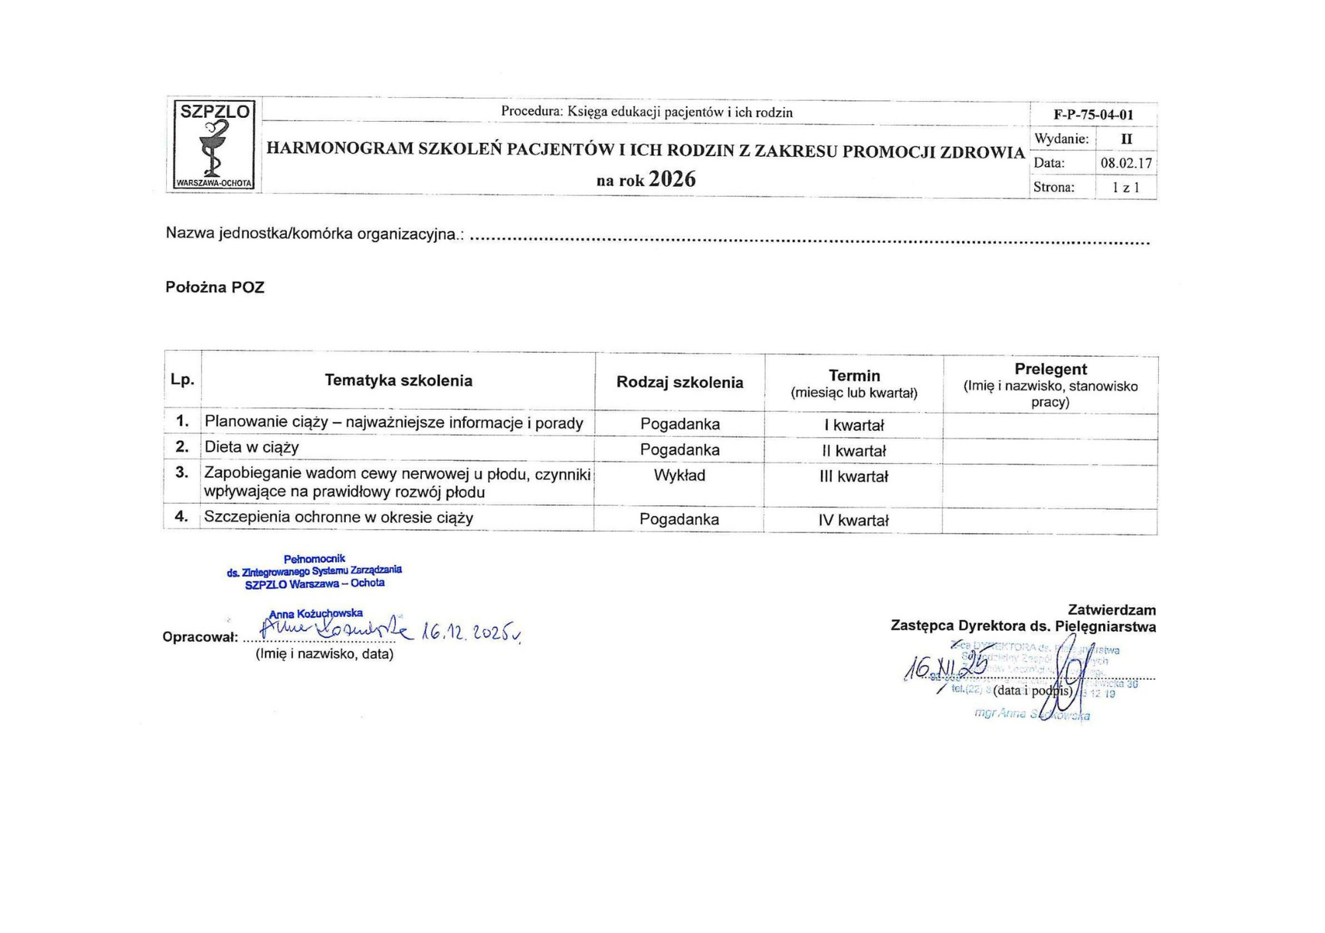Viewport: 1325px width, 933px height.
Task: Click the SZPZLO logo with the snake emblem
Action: pyautogui.click(x=214, y=145)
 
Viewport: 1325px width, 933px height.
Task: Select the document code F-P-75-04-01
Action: pyautogui.click(x=1093, y=115)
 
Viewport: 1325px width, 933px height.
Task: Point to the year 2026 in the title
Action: pyautogui.click(x=672, y=179)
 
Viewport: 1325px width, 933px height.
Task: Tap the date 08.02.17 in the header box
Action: pyautogui.click(x=1126, y=163)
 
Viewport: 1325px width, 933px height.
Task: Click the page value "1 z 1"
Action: pyautogui.click(x=1126, y=187)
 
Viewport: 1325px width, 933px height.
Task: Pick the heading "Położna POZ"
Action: pyautogui.click(x=215, y=287)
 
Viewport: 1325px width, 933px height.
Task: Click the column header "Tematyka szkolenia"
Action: pyautogui.click(x=398, y=381)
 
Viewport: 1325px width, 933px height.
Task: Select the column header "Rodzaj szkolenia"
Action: pyautogui.click(x=680, y=382)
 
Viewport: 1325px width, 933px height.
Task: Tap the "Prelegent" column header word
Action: pyautogui.click(x=1050, y=369)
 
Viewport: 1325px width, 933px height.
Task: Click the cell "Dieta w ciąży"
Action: pyautogui.click(x=252, y=447)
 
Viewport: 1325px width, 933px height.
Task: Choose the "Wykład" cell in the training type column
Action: pyautogui.click(x=679, y=475)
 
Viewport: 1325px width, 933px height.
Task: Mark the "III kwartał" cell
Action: pyautogui.click(x=853, y=477)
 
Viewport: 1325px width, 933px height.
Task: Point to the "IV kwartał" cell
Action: pyautogui.click(x=853, y=520)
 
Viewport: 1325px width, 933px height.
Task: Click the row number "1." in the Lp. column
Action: pyautogui.click(x=182, y=421)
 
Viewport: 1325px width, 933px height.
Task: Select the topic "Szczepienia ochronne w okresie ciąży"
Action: pyautogui.click(x=339, y=517)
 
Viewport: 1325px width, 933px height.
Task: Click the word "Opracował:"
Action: pyautogui.click(x=200, y=638)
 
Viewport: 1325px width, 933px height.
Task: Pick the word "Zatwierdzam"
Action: pyautogui.click(x=1112, y=610)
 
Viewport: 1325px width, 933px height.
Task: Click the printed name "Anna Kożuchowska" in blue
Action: pyautogui.click(x=316, y=614)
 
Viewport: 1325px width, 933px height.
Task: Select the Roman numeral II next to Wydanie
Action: pyautogui.click(x=1126, y=139)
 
